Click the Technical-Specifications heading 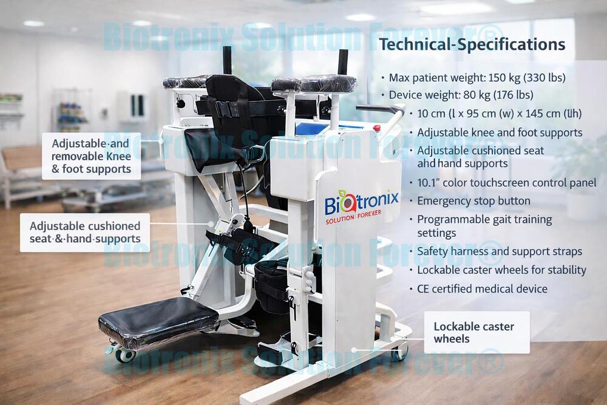[472, 44]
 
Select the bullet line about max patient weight [477, 77]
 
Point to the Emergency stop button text [473, 201]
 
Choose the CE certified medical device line [482, 289]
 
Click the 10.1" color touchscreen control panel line [507, 183]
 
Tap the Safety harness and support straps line [500, 251]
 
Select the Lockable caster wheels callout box [476, 332]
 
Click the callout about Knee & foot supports [91, 156]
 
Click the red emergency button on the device [377, 128]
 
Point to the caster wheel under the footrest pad [126, 355]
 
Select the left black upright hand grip [228, 60]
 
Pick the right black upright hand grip [343, 62]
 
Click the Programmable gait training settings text [484, 226]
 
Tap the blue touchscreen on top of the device [314, 127]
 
